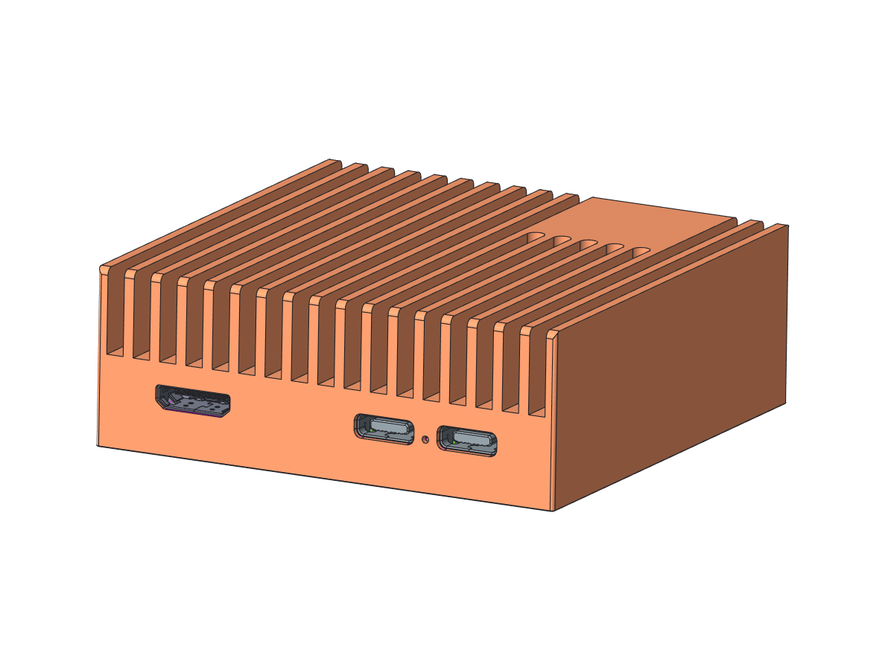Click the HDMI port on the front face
(x=193, y=402)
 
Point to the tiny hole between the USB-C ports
(x=425, y=439)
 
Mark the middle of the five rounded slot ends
(x=588, y=245)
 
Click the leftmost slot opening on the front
(x=115, y=313)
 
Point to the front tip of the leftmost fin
(x=104, y=267)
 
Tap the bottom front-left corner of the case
(x=98, y=445)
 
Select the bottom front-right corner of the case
(x=552, y=511)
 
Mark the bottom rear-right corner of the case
(x=788, y=404)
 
